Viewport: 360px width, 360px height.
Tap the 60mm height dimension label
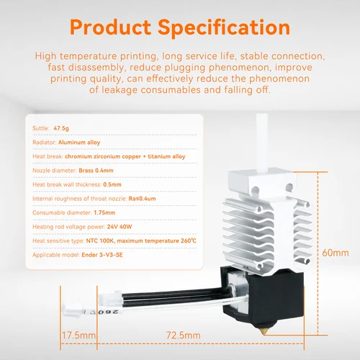pyautogui.click(x=335, y=253)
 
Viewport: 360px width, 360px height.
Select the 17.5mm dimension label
pyautogui.click(x=77, y=336)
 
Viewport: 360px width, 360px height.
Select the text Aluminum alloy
pyautogui.click(x=79, y=143)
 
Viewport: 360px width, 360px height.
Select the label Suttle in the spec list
pyautogui.click(x=40, y=127)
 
